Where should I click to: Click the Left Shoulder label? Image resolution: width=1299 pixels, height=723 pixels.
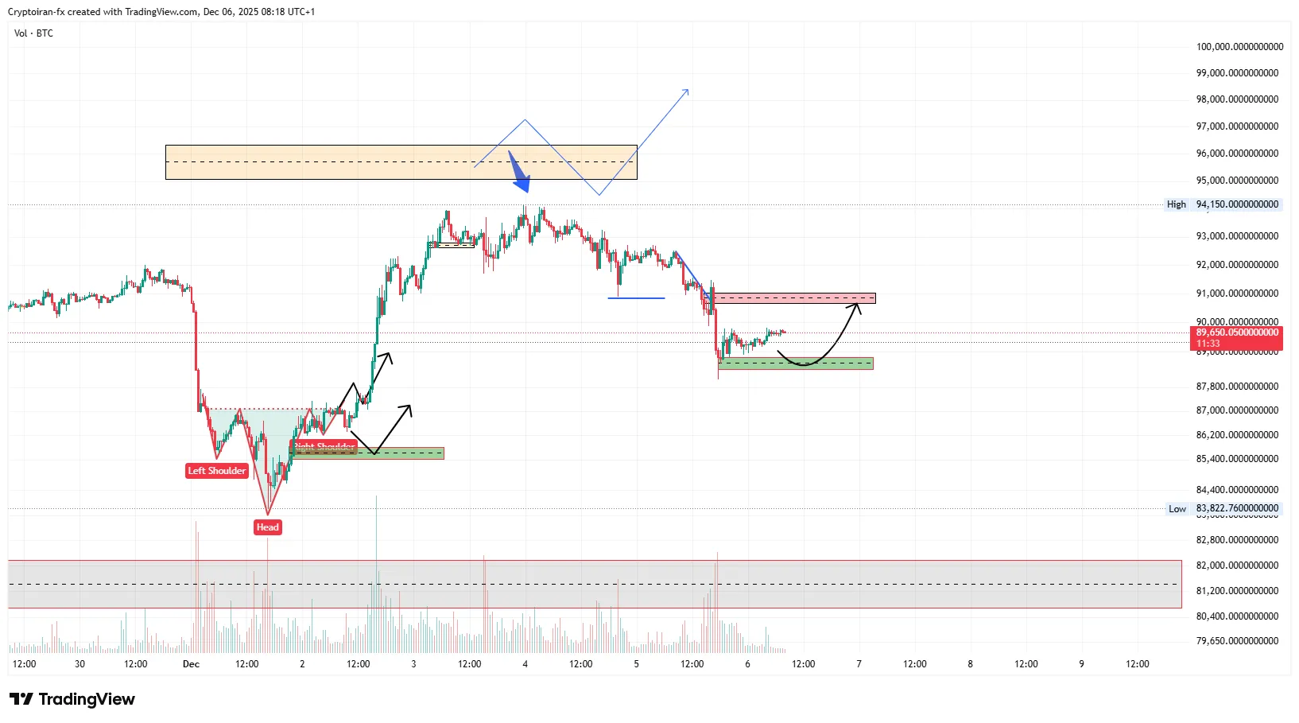pyautogui.click(x=217, y=471)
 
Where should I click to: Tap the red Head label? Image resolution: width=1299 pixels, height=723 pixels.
pyautogui.click(x=267, y=527)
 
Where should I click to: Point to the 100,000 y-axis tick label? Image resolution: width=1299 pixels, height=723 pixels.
pyautogui.click(x=1239, y=47)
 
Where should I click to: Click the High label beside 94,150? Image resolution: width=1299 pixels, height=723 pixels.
pyautogui.click(x=1176, y=204)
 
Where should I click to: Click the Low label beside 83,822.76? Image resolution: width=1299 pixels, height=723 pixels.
pyautogui.click(x=1177, y=509)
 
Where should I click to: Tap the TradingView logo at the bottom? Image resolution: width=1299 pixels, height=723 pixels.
pyautogui.click(x=72, y=699)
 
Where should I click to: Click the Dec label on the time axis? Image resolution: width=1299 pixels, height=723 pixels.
pyautogui.click(x=191, y=664)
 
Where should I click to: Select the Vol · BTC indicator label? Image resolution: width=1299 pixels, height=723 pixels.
pyautogui.click(x=33, y=33)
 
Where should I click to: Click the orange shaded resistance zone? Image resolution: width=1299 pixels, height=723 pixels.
pyautogui.click(x=318, y=161)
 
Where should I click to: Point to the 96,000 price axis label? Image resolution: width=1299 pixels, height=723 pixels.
pyautogui.click(x=1239, y=154)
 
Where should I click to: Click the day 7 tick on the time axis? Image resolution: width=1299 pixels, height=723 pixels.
pyautogui.click(x=859, y=664)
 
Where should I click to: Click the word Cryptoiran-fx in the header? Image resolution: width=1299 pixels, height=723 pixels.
pyautogui.click(x=36, y=12)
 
